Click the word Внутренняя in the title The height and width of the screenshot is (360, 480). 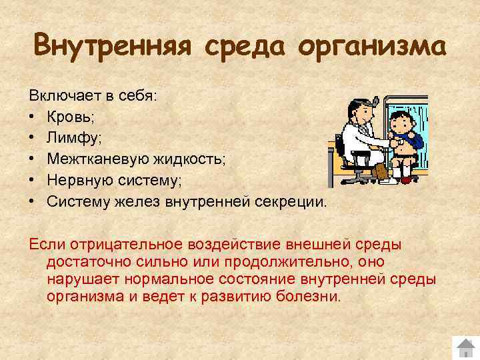coord(112,47)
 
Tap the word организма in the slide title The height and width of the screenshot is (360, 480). coord(371,48)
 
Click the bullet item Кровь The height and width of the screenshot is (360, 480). coord(70,117)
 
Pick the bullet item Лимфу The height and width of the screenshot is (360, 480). coord(71,138)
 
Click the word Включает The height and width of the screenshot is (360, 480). coord(61,96)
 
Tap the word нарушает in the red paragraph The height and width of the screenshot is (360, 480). coord(79,279)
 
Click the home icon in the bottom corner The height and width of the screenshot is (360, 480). coord(464,348)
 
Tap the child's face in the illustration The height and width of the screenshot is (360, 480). coord(400,123)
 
